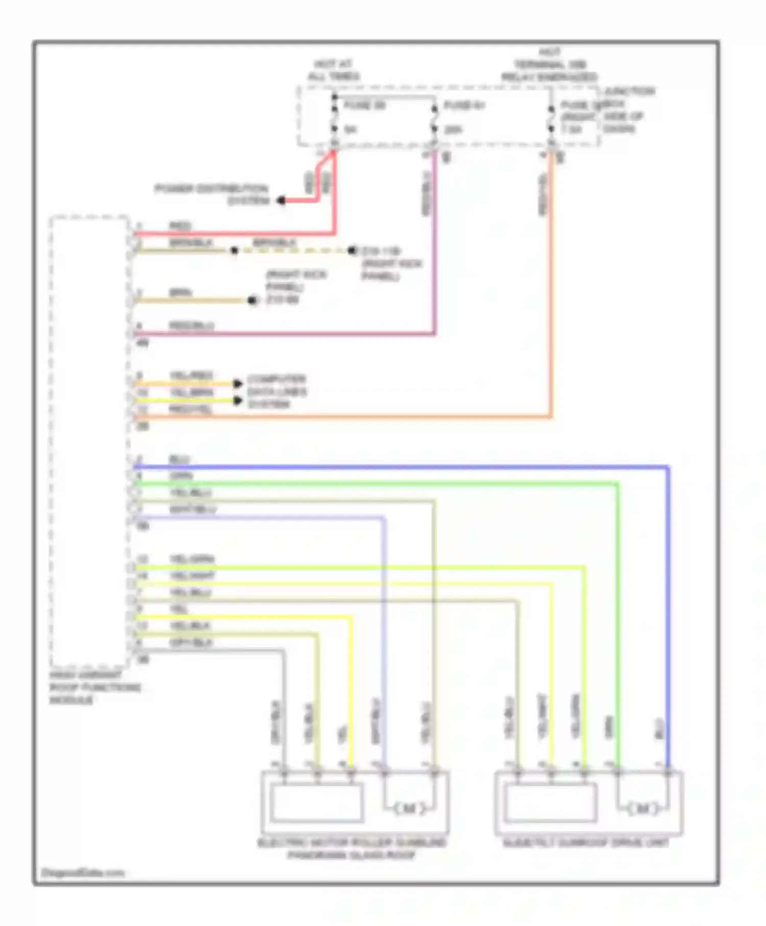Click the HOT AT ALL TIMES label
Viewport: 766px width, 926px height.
(333, 70)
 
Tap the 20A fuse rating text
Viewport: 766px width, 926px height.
(453, 130)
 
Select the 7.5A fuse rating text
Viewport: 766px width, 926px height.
(572, 130)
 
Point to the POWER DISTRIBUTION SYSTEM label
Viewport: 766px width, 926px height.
(212, 194)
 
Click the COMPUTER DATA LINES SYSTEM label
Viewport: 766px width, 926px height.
(276, 392)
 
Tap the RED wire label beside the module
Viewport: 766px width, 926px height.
(180, 226)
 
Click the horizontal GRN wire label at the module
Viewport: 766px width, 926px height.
(181, 476)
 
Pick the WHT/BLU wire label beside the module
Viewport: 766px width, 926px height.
(193, 509)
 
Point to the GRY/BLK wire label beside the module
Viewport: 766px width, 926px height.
(190, 643)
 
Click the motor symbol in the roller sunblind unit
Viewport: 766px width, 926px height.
(409, 808)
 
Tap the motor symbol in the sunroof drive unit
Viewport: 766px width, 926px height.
(642, 808)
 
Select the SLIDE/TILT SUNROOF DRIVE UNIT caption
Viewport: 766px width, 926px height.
(586, 843)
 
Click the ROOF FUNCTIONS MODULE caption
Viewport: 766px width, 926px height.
(94, 687)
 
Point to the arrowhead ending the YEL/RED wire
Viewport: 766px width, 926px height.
(238, 383)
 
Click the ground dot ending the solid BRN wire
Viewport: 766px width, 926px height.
(252, 301)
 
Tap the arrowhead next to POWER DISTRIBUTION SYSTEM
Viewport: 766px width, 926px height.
(281, 201)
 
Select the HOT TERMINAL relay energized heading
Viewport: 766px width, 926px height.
(549, 65)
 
